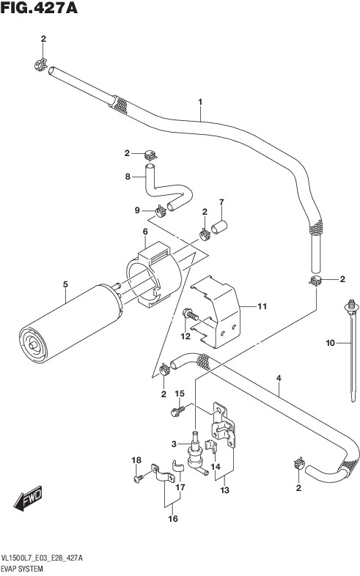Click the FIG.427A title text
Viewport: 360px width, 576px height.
39,8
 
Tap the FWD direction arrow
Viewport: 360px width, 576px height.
28,498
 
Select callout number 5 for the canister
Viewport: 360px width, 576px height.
65,284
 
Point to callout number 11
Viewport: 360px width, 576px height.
262,306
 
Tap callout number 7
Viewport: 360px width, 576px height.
221,202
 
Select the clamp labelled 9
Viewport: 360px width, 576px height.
161,210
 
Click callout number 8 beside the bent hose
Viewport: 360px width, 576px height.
128,177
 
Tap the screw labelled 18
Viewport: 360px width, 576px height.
139,479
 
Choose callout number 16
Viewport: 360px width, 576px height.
172,518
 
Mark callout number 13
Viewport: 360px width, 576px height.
224,490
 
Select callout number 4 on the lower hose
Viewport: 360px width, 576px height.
279,378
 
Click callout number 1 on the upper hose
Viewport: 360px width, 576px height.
200,102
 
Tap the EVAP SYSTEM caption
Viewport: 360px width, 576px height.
22,569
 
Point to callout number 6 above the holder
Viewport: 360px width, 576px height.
145,232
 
